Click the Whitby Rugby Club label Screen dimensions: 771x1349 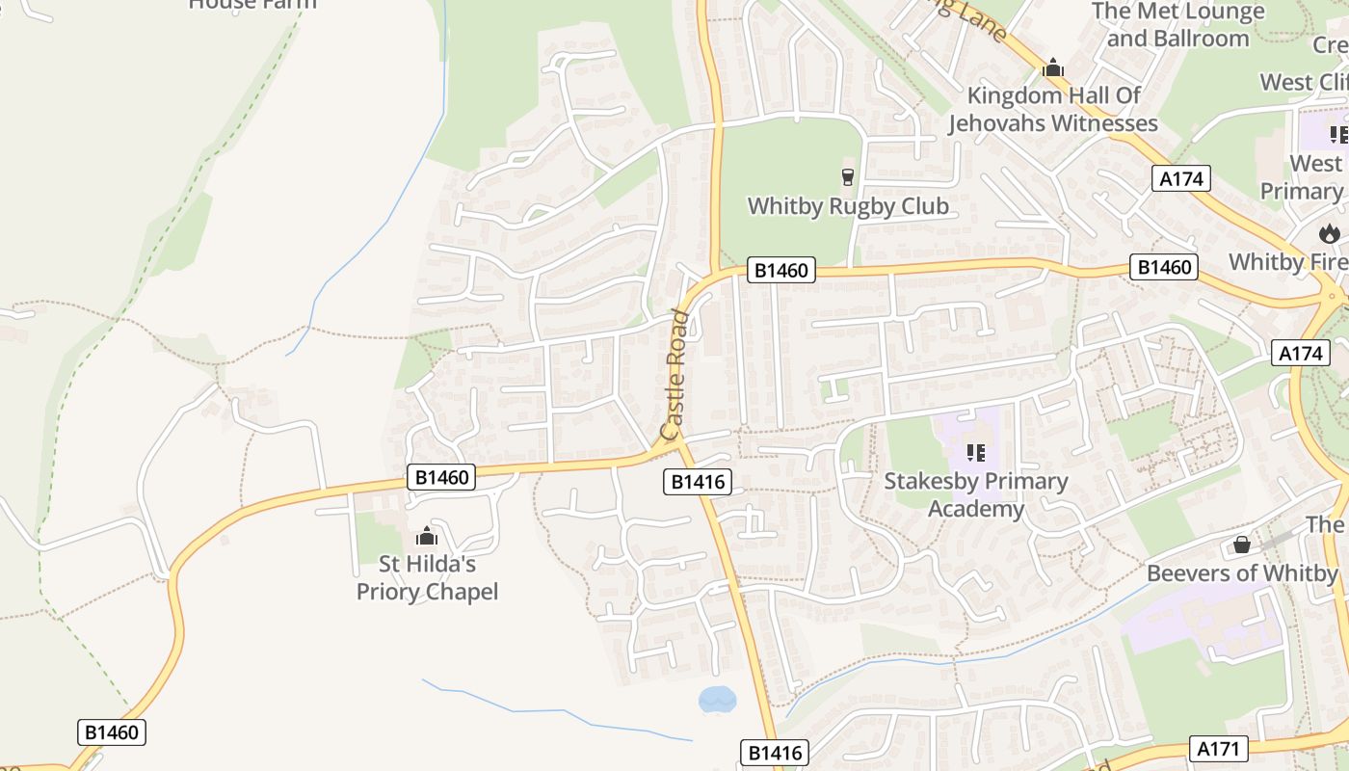click(x=848, y=206)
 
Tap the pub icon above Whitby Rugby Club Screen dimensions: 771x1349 click(x=848, y=176)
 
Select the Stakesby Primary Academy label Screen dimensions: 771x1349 click(x=976, y=494)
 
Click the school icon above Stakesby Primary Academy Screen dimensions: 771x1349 click(x=975, y=451)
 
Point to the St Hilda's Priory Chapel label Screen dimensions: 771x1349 click(x=427, y=577)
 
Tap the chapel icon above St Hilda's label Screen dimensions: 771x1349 click(x=426, y=537)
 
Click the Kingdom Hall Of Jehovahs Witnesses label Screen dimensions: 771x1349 click(x=1053, y=109)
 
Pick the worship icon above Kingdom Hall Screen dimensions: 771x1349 click(x=1053, y=68)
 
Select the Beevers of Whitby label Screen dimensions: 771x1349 click(x=1242, y=573)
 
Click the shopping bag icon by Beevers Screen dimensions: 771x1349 click(x=1242, y=545)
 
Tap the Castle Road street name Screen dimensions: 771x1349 click(x=675, y=374)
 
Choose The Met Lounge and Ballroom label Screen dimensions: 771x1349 click(x=1177, y=25)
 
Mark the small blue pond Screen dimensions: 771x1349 click(x=717, y=699)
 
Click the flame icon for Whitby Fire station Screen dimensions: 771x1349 click(x=1330, y=233)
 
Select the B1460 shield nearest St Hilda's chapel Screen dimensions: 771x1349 click(x=441, y=476)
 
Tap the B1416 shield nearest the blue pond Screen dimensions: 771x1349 click(x=774, y=753)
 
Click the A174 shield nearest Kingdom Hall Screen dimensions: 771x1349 click(x=1180, y=177)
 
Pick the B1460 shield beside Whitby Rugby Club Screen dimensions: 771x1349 click(x=780, y=271)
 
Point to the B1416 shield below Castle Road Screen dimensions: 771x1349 click(x=698, y=481)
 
